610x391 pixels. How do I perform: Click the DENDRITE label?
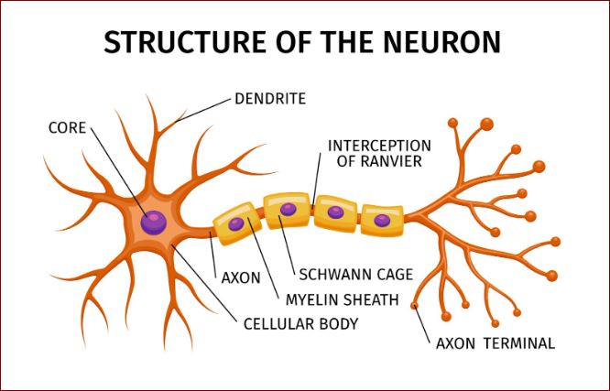(270, 99)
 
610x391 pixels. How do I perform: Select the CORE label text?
(67, 128)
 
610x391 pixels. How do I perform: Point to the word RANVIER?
(379, 161)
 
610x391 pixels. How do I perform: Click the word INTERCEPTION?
(379, 146)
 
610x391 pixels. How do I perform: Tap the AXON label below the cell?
(241, 278)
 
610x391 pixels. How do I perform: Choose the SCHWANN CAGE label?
(356, 275)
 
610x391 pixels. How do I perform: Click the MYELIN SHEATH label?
(343, 300)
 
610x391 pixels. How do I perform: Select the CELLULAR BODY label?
(300, 323)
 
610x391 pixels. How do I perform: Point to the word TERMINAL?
(519, 343)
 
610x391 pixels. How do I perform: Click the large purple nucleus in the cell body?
(154, 223)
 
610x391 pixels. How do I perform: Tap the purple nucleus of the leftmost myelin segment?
(236, 224)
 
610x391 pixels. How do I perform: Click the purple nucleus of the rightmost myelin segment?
(382, 221)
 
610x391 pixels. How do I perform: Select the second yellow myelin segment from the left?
(287, 211)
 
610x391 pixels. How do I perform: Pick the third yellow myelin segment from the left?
(336, 213)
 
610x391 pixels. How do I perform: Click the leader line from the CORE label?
(119, 172)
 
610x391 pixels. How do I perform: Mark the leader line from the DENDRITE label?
(203, 111)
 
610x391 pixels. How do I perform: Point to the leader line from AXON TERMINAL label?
(422, 324)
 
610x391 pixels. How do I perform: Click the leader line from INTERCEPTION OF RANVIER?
(317, 179)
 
